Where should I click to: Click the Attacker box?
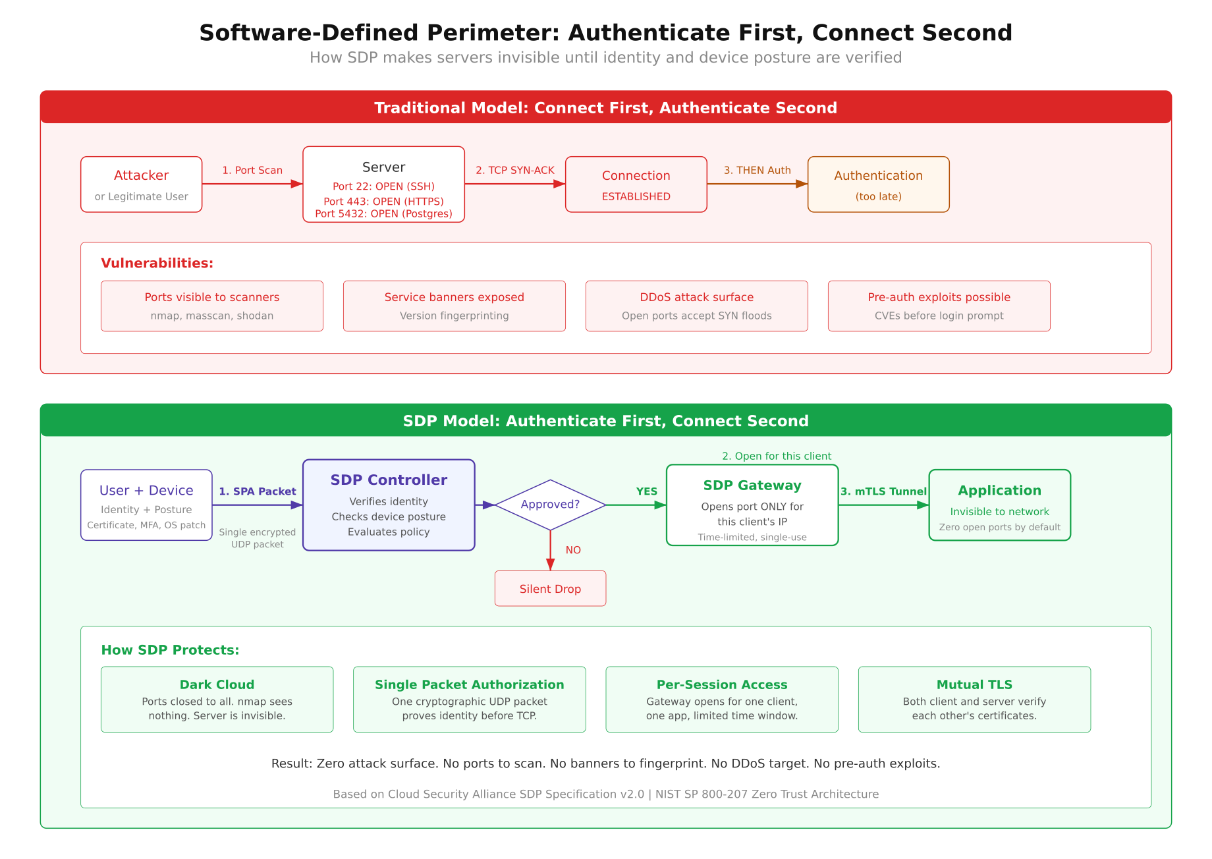point(141,184)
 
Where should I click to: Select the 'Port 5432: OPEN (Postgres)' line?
point(383,213)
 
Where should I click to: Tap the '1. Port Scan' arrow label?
point(252,170)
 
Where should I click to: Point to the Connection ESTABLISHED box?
point(636,184)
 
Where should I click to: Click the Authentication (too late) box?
point(878,184)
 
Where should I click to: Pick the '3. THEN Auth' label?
point(757,170)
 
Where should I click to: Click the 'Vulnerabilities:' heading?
point(157,263)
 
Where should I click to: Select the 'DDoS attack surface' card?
point(696,306)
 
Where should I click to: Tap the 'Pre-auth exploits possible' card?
point(939,306)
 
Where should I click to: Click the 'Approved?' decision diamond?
point(550,505)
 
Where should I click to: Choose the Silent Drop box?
point(550,588)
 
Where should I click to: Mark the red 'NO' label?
point(573,550)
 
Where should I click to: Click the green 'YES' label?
point(646,491)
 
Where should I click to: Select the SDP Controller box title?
point(389,480)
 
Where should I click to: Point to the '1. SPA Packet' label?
point(257,491)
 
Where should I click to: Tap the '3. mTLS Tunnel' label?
point(883,491)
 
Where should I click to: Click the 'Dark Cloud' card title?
point(217,684)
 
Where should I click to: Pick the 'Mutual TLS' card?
point(974,699)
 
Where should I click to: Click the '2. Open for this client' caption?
point(776,456)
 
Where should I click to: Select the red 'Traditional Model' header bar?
point(605,107)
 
